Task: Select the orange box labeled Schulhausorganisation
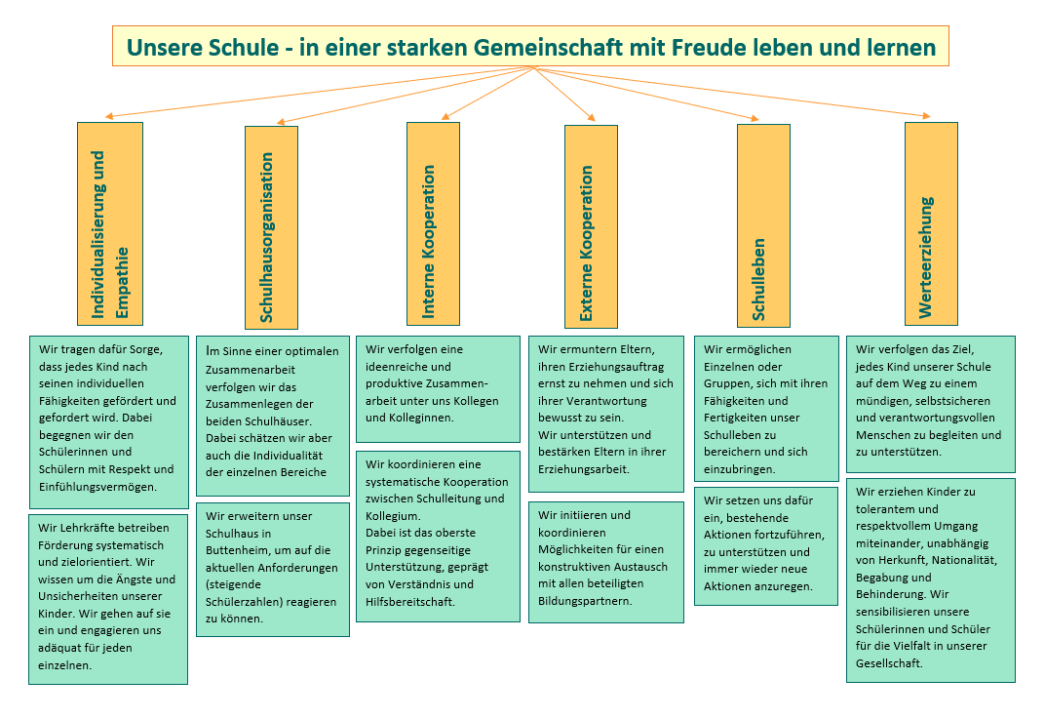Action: coord(271,227)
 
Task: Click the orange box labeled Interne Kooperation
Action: coord(433,223)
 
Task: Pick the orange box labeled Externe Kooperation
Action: coord(591,226)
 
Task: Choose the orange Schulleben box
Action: coord(763,226)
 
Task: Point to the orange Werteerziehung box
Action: coord(931,224)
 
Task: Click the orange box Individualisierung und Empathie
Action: coord(110,224)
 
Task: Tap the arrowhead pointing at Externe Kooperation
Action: coord(591,118)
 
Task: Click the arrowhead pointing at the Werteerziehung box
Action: coord(926,116)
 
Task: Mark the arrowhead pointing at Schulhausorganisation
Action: coord(281,122)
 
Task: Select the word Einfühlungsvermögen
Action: coord(97,487)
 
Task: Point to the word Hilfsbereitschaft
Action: coord(408,602)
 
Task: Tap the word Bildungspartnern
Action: coord(585,601)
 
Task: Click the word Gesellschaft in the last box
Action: coord(889,663)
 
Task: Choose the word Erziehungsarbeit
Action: coord(584,469)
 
